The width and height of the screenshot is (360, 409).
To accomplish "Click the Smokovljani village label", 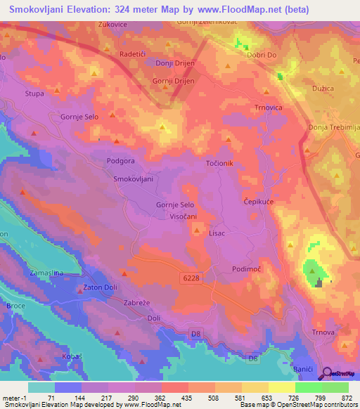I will point(133,179).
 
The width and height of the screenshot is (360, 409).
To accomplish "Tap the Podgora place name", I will point(120,161).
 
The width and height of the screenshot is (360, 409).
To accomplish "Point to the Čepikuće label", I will point(259,200).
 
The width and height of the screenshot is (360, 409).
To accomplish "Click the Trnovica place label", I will point(268,108).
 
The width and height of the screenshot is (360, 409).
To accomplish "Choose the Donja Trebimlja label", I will point(333,127).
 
